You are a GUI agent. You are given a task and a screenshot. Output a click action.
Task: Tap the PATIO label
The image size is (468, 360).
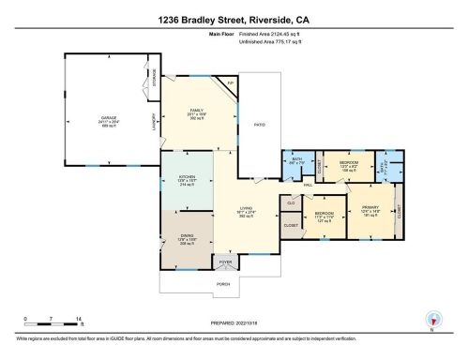pyautogui.click(x=262, y=123)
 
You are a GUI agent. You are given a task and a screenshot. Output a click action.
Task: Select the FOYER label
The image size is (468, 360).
pyautogui.click(x=225, y=262)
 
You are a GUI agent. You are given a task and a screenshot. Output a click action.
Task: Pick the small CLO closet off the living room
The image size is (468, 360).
pyautogui.click(x=291, y=202)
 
